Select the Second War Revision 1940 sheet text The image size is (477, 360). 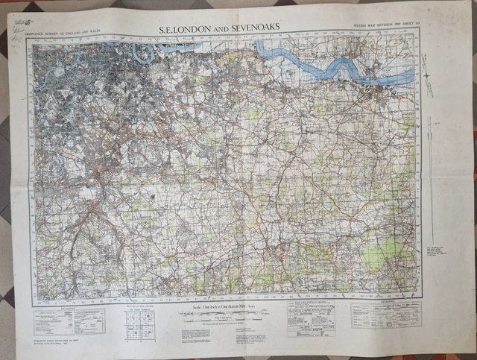pos(385,27)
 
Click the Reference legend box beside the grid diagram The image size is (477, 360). pos(70,320)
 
